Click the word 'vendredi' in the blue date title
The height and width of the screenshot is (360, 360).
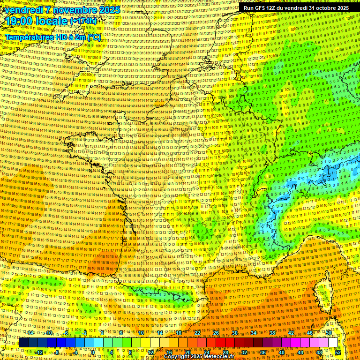[23, 10]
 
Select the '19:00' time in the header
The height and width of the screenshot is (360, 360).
[22, 21]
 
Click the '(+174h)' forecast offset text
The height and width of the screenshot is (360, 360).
[83, 21]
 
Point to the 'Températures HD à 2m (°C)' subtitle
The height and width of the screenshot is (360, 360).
[52, 37]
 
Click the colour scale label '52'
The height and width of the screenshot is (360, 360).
[338, 352]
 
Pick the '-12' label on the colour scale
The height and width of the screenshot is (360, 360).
[39, 352]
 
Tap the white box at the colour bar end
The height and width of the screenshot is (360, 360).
[333, 343]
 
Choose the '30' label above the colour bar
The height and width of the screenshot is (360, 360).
[235, 333]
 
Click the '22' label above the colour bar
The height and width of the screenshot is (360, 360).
[197, 333]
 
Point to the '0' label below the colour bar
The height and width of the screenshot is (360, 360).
[93, 352]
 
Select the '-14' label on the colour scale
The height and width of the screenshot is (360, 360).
[30, 333]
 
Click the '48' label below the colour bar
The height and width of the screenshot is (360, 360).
[319, 352]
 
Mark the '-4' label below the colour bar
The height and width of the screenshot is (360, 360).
[75, 352]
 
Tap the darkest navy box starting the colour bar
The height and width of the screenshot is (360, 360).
[23, 343]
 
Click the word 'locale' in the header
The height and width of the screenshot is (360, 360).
[52, 21]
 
